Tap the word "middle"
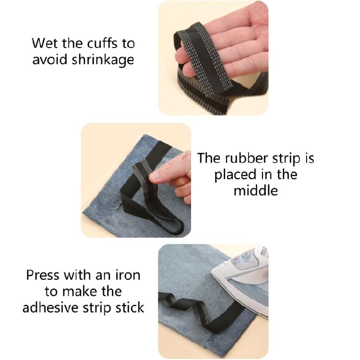(256, 191)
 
